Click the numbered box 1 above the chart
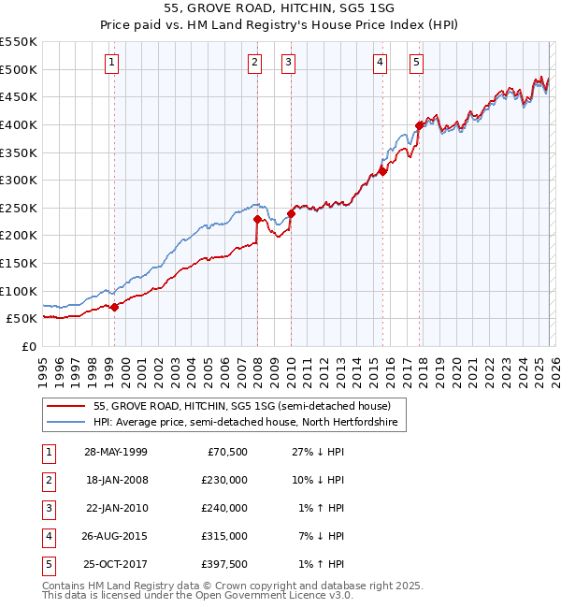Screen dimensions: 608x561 (112, 63)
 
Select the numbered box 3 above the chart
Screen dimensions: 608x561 (288, 63)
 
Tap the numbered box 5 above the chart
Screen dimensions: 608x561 (416, 63)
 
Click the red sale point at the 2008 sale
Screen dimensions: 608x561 (257, 219)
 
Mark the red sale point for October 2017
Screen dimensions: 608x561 (419, 125)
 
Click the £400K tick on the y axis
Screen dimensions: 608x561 (19, 124)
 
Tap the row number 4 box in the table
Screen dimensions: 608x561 (48, 536)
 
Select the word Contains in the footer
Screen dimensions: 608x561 (65, 585)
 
